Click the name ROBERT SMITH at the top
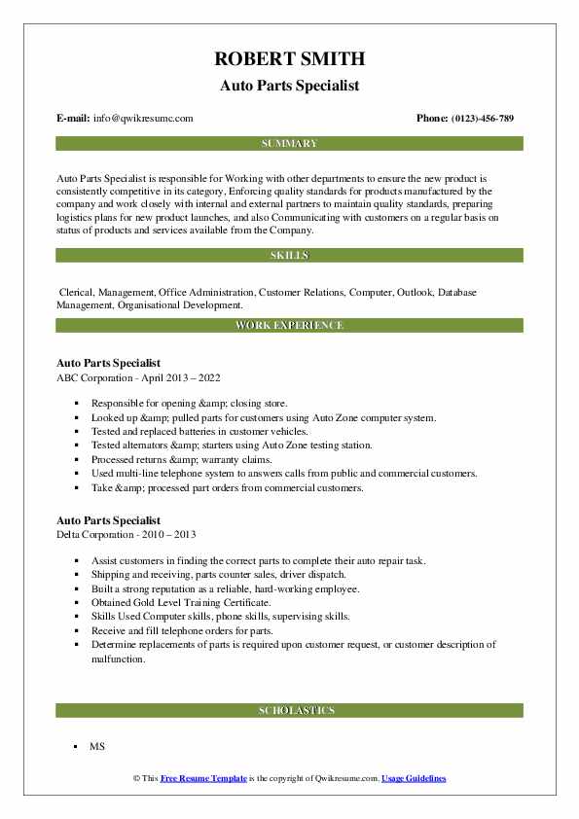click(x=289, y=60)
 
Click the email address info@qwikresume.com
click(x=143, y=119)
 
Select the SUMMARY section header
click(x=289, y=144)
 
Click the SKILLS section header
click(x=289, y=255)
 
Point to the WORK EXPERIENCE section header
click(x=289, y=325)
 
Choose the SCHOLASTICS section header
click(x=289, y=711)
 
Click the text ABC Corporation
click(x=98, y=376)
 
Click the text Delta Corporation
click(x=100, y=534)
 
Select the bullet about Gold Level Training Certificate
click(x=181, y=602)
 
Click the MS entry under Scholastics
click(x=97, y=747)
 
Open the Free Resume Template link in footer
click(x=203, y=779)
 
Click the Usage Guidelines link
click(x=414, y=779)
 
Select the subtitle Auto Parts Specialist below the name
click(x=289, y=86)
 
